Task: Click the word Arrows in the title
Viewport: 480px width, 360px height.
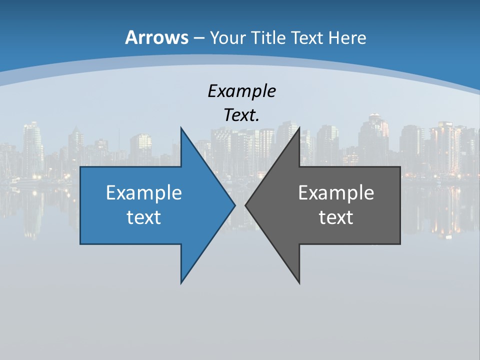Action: (156, 37)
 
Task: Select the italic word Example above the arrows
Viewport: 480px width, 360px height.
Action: (242, 91)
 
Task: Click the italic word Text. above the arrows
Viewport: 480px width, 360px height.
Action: (242, 115)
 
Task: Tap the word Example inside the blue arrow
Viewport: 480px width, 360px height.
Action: (144, 193)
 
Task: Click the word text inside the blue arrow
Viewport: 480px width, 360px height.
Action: (144, 217)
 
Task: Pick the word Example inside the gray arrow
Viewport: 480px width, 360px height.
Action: (336, 193)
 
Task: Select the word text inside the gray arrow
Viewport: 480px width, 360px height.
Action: (336, 217)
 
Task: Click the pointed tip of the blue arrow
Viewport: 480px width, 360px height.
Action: (235, 205)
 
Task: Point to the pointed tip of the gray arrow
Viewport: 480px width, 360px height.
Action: (245, 205)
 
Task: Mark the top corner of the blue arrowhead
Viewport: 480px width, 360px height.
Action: (181, 128)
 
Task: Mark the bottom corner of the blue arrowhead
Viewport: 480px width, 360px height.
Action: (181, 283)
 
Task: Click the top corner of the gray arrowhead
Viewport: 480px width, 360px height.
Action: (299, 128)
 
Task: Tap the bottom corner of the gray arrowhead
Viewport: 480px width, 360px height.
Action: (299, 283)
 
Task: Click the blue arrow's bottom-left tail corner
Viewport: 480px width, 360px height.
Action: (80, 243)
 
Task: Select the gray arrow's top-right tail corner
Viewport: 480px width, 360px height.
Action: (400, 167)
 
